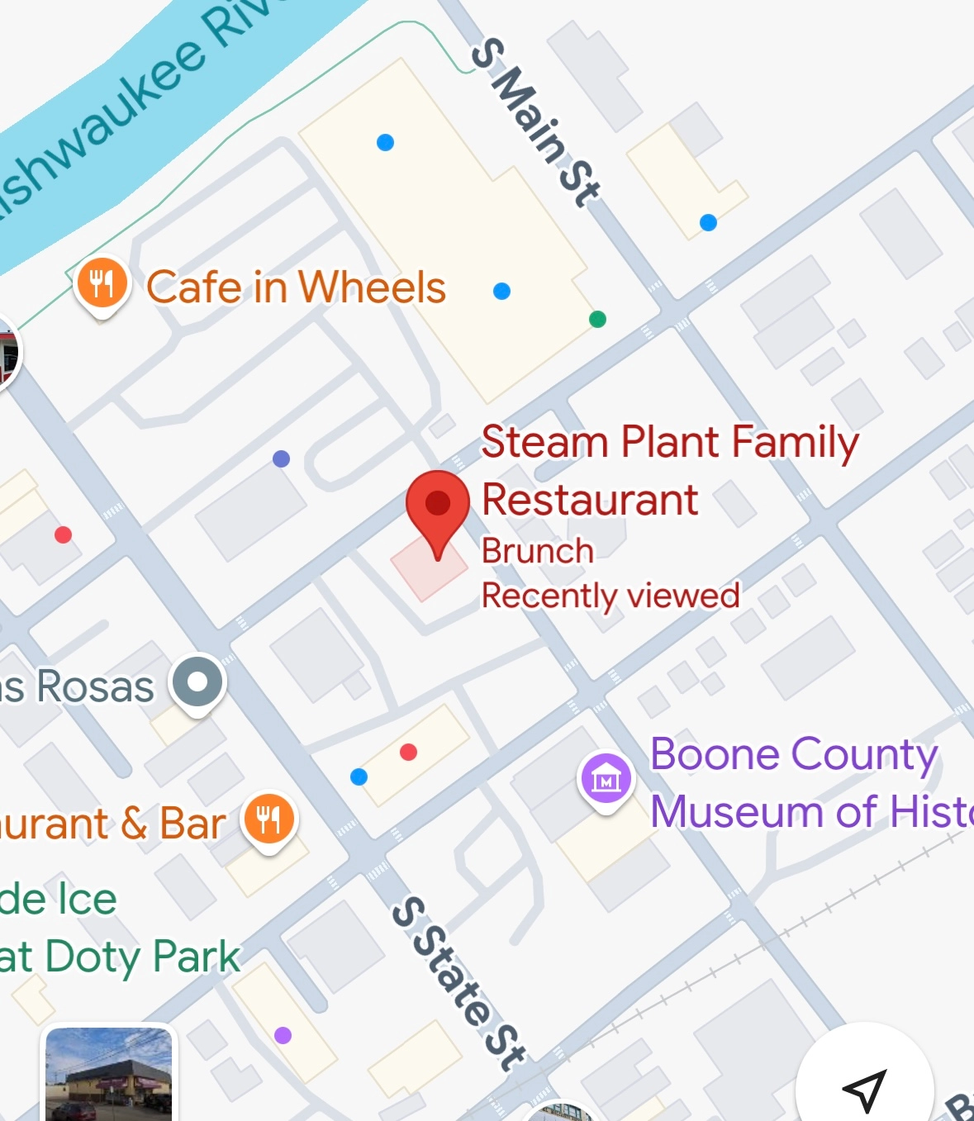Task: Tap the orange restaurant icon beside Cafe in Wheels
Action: [x=102, y=284]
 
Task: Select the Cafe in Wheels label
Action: [x=296, y=287]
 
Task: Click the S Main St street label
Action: [x=535, y=123]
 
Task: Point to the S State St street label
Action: [x=458, y=983]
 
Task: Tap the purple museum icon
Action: [x=606, y=778]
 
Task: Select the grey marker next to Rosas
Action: [x=197, y=682]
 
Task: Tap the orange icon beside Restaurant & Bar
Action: [x=268, y=819]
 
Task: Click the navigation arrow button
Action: [x=864, y=1090]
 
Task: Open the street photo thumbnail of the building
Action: [x=109, y=1075]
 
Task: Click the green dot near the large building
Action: [x=597, y=319]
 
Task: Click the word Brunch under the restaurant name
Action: [x=538, y=551]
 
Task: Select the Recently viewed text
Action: [x=611, y=596]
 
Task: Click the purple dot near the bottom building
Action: [x=283, y=1035]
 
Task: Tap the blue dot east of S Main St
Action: [x=708, y=222]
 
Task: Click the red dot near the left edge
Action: [x=63, y=534]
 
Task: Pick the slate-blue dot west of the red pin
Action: [x=281, y=458]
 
